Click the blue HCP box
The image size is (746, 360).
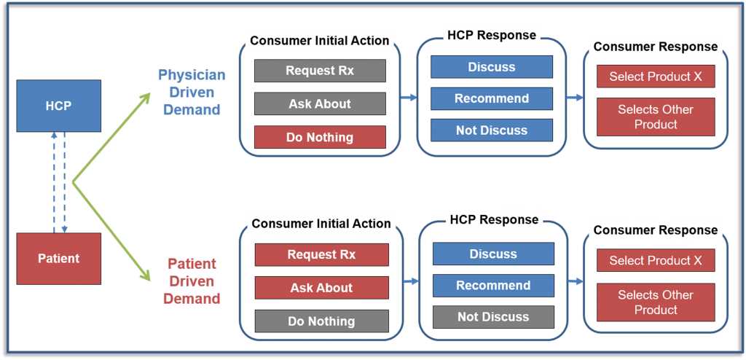tap(58, 106)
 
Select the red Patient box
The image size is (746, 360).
tap(58, 259)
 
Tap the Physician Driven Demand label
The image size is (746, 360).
tap(192, 93)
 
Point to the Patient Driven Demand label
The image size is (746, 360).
tap(192, 281)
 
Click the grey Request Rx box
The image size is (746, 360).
tap(320, 71)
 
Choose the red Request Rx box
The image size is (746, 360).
tap(321, 254)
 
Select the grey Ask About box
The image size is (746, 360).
tap(320, 103)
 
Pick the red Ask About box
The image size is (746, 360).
tap(321, 288)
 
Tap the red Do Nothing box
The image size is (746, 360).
tap(320, 137)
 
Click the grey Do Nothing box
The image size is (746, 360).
tap(321, 321)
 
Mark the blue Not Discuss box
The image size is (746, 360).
tap(492, 130)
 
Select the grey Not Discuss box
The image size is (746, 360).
tap(493, 317)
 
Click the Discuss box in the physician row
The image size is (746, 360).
tap(492, 66)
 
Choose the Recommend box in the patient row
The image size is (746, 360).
tap(493, 285)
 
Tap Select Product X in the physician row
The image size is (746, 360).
tap(656, 77)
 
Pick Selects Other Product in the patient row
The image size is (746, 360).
tap(656, 302)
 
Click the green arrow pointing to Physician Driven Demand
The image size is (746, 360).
tap(111, 138)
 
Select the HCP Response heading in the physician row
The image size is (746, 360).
tap(492, 35)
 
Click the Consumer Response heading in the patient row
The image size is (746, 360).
tap(656, 230)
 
